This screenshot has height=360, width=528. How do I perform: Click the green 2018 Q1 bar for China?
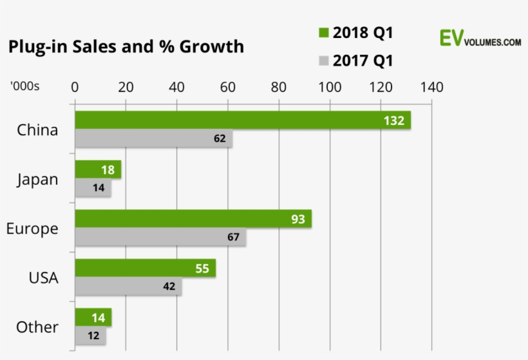point(242,120)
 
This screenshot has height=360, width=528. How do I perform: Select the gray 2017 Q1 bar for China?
point(153,138)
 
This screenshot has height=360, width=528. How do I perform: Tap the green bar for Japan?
point(98,169)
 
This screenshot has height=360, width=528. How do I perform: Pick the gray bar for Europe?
point(160,237)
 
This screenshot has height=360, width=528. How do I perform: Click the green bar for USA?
point(145,269)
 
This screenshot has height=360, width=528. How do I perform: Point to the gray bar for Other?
point(90,336)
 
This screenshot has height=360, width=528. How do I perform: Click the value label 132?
point(393,120)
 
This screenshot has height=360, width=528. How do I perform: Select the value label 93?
point(297,219)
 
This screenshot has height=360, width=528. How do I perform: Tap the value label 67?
point(233,237)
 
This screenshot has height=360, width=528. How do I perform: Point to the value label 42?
point(169,287)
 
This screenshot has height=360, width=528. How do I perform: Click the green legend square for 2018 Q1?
point(323,33)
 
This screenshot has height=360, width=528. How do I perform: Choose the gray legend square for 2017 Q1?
point(323,61)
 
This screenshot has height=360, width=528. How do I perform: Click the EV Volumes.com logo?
point(480,39)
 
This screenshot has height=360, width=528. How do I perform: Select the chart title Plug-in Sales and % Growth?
point(126,47)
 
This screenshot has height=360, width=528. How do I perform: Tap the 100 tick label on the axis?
point(330,87)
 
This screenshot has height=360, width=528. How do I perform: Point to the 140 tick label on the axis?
point(431,87)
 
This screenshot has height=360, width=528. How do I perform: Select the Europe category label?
point(32,229)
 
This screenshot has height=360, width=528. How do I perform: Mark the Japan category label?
point(37,180)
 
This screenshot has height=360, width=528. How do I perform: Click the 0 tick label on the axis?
point(75,87)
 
